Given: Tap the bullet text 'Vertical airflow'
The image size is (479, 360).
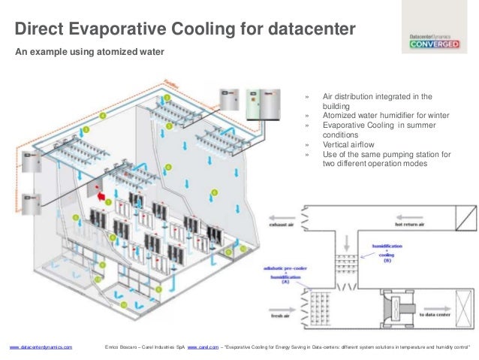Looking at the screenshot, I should coord(350,145).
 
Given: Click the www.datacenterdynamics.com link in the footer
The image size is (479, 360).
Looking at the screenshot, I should coord(41,347).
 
